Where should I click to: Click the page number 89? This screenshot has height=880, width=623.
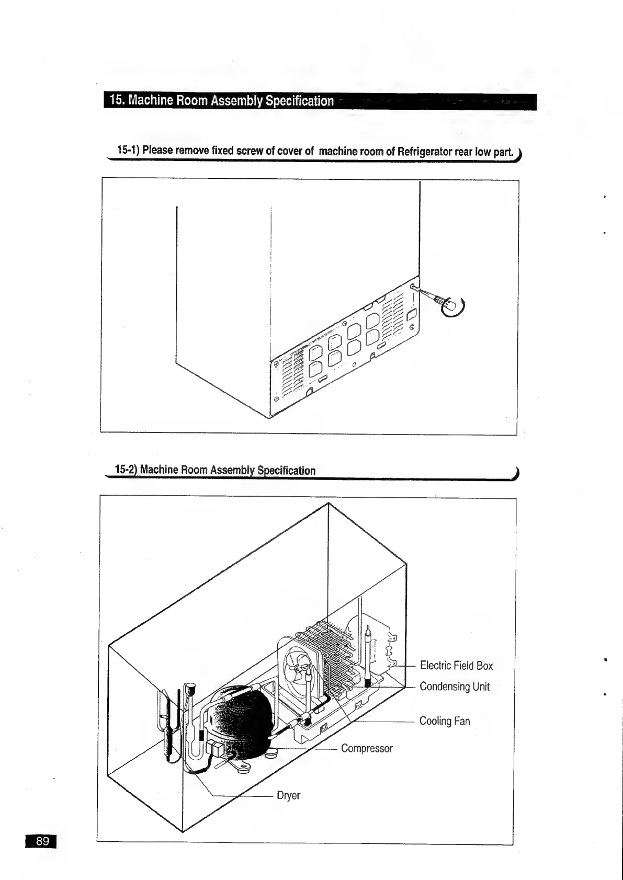42,841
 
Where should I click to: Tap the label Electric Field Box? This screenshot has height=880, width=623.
456,666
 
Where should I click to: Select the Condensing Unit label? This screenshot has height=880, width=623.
455,687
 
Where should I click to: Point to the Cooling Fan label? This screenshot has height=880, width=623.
445,721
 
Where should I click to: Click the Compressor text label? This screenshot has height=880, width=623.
367,748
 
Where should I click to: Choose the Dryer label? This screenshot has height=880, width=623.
288,795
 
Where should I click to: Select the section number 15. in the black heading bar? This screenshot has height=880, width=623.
117,100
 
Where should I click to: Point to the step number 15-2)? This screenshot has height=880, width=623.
126,470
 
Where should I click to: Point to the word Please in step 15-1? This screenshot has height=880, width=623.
157,151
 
